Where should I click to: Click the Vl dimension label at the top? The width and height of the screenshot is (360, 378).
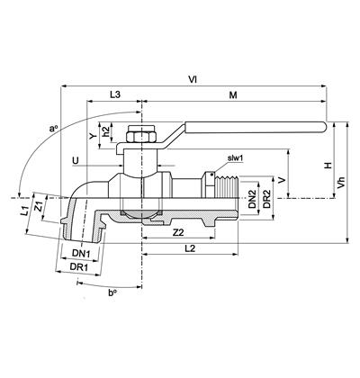point(193,79)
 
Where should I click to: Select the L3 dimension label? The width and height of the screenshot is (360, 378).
point(114,94)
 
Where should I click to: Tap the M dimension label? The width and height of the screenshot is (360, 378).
point(233,95)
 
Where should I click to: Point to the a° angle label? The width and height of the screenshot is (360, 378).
point(53,129)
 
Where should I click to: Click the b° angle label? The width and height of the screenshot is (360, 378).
point(112,292)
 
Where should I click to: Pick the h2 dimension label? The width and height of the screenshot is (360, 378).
point(105,131)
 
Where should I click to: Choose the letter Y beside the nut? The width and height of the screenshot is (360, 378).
point(93,137)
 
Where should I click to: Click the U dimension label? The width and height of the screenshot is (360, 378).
point(76,161)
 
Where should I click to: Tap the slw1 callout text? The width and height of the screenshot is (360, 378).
point(235,158)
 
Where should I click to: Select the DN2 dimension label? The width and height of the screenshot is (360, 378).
point(253,199)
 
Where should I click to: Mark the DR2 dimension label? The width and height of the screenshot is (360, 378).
point(266,199)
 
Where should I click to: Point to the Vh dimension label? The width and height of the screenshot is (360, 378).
point(341,183)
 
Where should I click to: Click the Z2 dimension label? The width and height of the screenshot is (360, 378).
point(178,232)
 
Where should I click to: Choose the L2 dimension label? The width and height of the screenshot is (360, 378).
point(190,248)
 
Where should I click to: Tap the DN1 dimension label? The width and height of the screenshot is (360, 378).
point(81,254)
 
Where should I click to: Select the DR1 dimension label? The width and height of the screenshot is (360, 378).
point(79,266)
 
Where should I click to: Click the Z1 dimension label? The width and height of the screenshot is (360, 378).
point(39,206)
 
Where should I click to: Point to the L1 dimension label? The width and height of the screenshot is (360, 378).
point(25,211)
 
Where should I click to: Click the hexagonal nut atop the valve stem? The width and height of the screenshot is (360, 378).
point(141,134)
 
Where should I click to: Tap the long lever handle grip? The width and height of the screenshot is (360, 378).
point(256,127)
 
